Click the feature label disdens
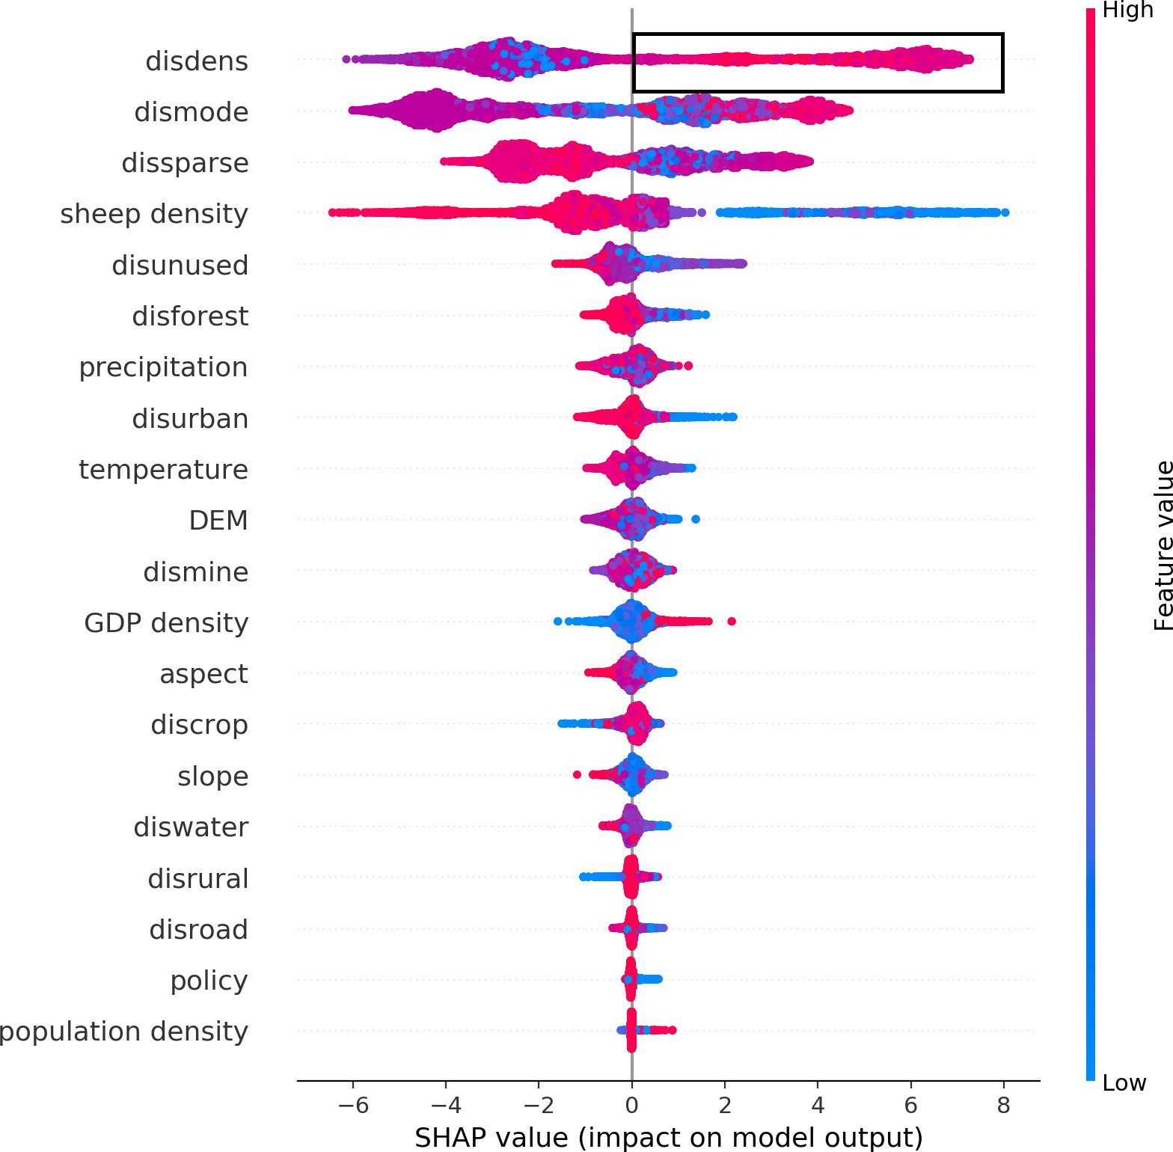197,61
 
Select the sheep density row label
154,214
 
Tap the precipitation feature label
163,367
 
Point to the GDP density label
166,622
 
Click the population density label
123,1032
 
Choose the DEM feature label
218,521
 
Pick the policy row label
209,980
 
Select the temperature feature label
163,470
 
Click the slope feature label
212,776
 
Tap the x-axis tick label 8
1003,1105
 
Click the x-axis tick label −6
352,1105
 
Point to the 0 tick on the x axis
632,1105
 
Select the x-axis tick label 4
818,1105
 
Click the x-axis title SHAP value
669,1137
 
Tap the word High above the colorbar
1128,10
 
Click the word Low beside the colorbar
1124,1082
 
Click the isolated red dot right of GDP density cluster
732,621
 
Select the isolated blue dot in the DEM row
696,519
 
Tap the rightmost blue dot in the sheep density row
1005,212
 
